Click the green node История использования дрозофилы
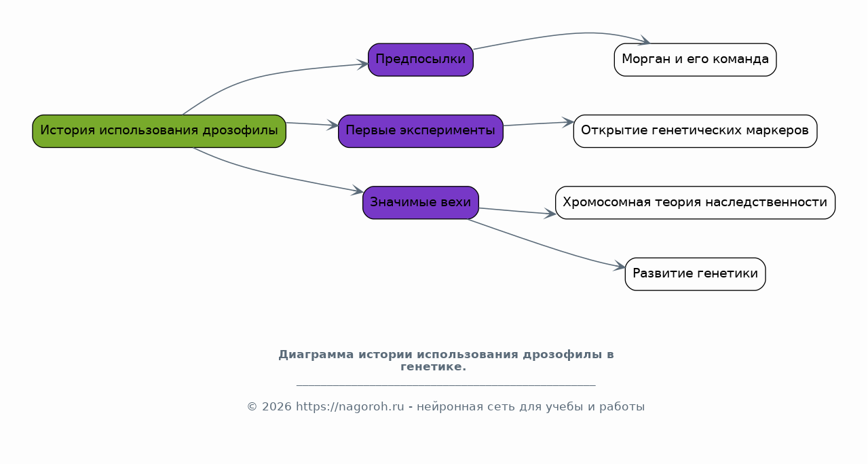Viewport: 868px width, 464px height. pyautogui.click(x=159, y=131)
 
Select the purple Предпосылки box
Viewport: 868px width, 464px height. pyautogui.click(x=421, y=60)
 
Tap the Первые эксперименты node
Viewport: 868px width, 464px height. pyautogui.click(x=421, y=131)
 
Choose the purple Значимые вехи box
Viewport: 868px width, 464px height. pyautogui.click(x=421, y=203)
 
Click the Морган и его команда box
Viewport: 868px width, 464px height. pyautogui.click(x=695, y=60)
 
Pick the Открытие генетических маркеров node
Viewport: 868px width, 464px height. pyautogui.click(x=695, y=131)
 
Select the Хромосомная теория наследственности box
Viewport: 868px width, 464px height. pyautogui.click(x=695, y=203)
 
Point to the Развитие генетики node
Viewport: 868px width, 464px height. pyautogui.click(x=695, y=274)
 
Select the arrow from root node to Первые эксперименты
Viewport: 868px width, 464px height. pyautogui.click(x=312, y=124)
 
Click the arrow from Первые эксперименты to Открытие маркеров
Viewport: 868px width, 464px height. pyautogui.click(x=539, y=123)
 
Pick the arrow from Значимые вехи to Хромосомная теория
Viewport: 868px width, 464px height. pyautogui.click(x=518, y=211)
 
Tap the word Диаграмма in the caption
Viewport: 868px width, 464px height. pyautogui.click(x=316, y=354)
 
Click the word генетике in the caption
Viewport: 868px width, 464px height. pyautogui.click(x=433, y=367)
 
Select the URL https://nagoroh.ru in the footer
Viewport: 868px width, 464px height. pyautogui.click(x=350, y=406)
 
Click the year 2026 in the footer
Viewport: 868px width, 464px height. pyautogui.click(x=277, y=406)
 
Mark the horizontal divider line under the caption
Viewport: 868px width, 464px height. pyautogui.click(x=446, y=385)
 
